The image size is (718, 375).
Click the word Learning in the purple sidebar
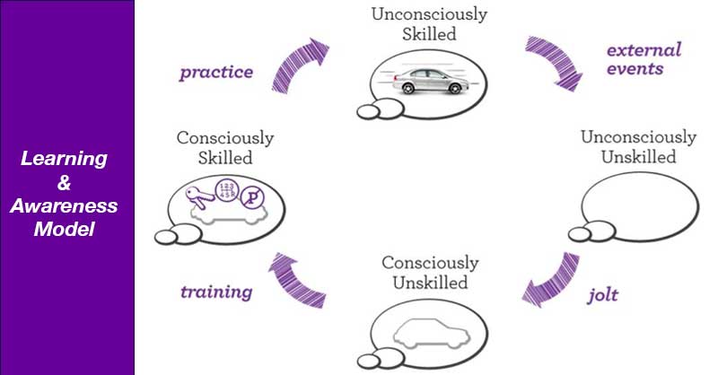65,160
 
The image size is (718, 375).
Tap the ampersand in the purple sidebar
65,183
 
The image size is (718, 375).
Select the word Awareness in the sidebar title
65,206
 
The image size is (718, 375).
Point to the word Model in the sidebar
65,229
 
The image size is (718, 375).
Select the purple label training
215,292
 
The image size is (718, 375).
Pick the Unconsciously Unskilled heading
638,147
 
